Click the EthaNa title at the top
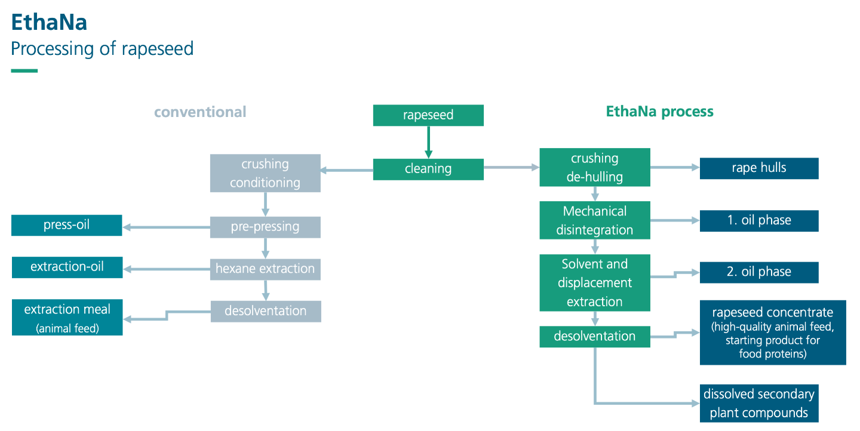pyautogui.click(x=49, y=22)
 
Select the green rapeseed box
pyautogui.click(x=428, y=115)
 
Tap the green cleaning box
pyautogui.click(x=428, y=170)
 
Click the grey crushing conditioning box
pyautogui.click(x=265, y=173)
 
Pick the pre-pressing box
pyautogui.click(x=265, y=227)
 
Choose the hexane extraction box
pyautogui.click(x=265, y=269)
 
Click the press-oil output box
pyautogui.click(x=67, y=225)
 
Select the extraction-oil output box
pyautogui.click(x=67, y=267)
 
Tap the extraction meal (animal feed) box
pyautogui.click(x=67, y=318)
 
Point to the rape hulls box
pyautogui.click(x=759, y=168)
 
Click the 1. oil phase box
pyautogui.click(x=759, y=221)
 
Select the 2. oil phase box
pyautogui.click(x=759, y=272)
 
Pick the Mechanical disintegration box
pyautogui.click(x=595, y=220)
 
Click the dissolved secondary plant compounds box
pyautogui.click(x=759, y=404)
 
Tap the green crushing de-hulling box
pyautogui.click(x=595, y=167)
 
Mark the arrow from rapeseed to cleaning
pyautogui.click(x=428, y=142)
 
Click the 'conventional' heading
pyautogui.click(x=200, y=112)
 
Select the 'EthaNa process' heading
pyautogui.click(x=659, y=111)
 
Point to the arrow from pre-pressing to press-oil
pyautogui.click(x=166, y=227)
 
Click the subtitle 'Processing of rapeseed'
pyautogui.click(x=102, y=49)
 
